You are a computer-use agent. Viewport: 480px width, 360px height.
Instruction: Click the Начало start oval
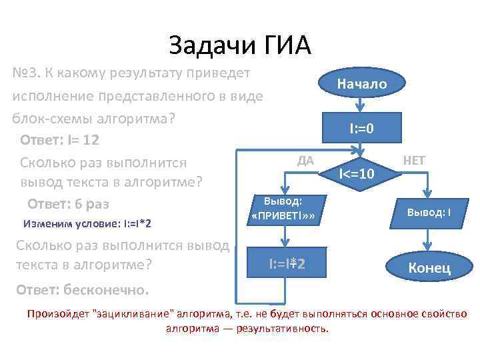(361, 84)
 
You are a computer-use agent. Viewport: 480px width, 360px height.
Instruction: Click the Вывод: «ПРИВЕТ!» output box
(283, 209)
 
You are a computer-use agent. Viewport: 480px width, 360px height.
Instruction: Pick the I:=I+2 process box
(287, 264)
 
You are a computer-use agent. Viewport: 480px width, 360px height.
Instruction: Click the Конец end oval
(429, 267)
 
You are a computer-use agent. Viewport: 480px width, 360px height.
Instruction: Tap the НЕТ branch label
(413, 160)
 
